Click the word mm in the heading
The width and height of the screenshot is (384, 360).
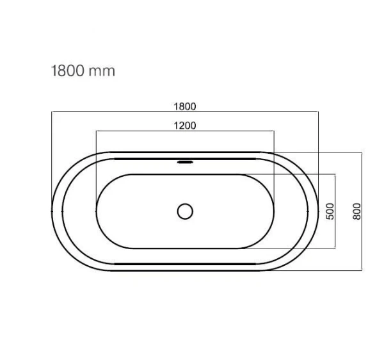coord(102,72)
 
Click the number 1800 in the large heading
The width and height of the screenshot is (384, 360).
coord(67,71)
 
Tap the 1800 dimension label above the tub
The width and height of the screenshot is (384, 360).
coord(185,106)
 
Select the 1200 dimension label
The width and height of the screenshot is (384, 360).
coord(185,126)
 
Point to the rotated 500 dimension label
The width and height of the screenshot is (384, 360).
coord(330,211)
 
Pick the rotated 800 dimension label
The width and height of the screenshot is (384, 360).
coord(357,211)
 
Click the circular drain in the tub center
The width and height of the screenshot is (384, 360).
coord(185,211)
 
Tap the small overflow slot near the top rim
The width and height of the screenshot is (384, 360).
coord(185,162)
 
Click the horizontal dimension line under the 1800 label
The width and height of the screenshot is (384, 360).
coord(185,111)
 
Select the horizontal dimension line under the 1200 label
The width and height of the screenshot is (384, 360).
coord(185,131)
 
